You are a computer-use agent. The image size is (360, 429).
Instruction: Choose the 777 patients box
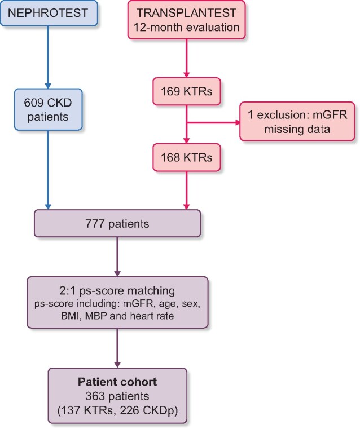click(x=117, y=224)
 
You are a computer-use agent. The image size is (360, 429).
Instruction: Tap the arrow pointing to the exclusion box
click(x=214, y=121)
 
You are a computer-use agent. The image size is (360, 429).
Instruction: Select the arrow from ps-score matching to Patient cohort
click(x=117, y=346)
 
